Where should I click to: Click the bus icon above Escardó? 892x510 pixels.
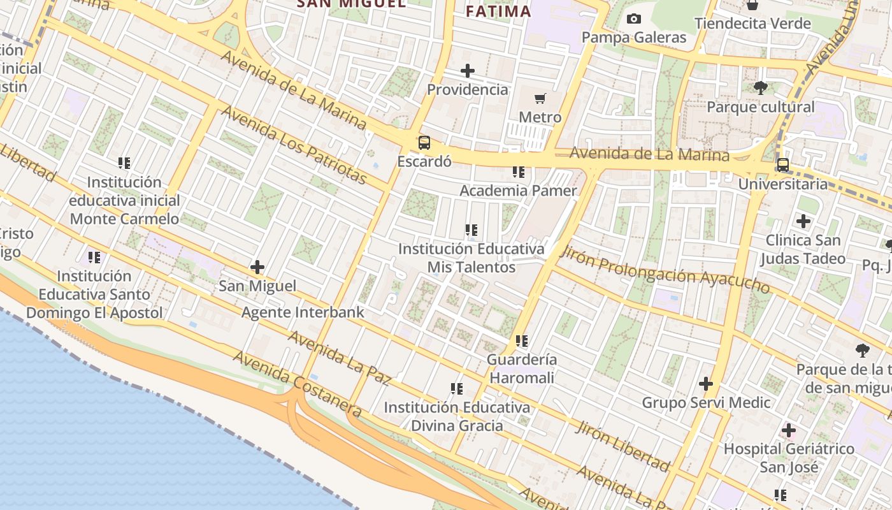[424, 142]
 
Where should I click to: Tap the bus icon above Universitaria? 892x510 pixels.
[782, 165]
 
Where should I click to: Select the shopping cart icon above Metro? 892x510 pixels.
[540, 98]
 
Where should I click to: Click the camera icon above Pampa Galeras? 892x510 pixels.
[633, 18]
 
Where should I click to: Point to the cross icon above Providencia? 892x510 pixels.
[468, 71]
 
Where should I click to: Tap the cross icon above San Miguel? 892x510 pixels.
[257, 267]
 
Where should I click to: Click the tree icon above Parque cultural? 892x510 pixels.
[760, 88]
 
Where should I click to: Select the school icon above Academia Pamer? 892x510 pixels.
[519, 172]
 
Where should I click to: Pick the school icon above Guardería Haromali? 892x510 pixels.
[522, 341]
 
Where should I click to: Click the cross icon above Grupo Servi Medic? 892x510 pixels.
[705, 384]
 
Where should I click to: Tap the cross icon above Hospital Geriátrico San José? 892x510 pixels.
[789, 430]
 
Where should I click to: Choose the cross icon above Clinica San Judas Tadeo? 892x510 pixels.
[803, 221]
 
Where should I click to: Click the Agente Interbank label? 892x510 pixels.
[303, 312]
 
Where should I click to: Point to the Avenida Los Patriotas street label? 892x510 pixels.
[294, 145]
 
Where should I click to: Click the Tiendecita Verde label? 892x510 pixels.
[752, 24]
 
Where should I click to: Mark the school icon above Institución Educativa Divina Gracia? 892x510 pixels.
[456, 388]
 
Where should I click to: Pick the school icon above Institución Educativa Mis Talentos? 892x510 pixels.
[471, 229]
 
